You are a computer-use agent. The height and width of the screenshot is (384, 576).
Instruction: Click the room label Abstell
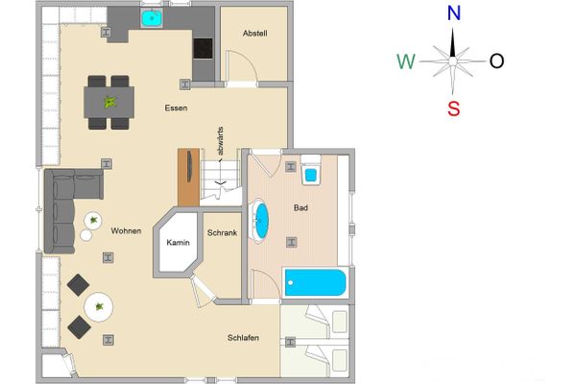point(254,34)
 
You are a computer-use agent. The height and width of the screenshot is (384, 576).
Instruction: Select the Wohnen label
point(126,230)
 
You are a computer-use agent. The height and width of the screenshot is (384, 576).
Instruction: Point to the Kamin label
point(178,243)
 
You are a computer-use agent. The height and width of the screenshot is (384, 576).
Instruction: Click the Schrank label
point(222,233)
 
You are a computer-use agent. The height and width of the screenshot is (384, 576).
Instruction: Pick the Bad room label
point(300,207)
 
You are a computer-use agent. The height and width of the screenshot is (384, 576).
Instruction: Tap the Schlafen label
point(243,337)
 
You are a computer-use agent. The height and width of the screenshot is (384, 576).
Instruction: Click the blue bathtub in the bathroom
point(315,283)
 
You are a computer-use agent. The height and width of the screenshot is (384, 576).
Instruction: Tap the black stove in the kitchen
point(204,48)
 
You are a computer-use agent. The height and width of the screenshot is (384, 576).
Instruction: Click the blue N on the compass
point(455,13)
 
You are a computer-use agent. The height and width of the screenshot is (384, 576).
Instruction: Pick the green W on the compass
point(406,62)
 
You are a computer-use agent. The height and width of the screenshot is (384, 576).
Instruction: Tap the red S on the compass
point(454,108)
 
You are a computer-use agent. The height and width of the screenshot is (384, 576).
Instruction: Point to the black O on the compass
point(496,61)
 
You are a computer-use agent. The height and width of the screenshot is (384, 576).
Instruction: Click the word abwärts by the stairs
point(220,152)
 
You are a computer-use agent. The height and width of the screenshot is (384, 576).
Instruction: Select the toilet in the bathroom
point(311,173)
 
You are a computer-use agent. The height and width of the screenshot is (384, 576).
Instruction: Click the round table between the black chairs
point(98,308)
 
